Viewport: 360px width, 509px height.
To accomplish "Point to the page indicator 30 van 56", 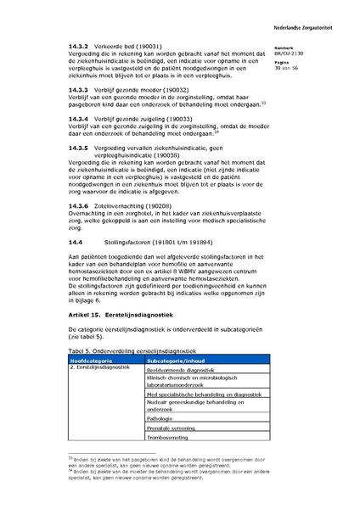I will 289,68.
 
